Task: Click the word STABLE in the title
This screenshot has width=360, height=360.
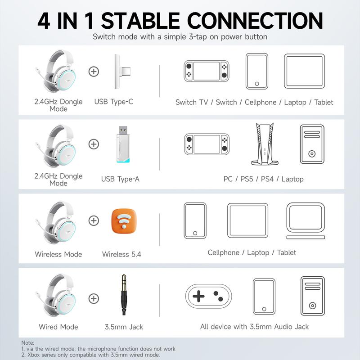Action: (x=141, y=21)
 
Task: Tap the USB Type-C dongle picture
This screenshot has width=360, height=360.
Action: (x=122, y=72)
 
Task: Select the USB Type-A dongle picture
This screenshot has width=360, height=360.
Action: (x=123, y=144)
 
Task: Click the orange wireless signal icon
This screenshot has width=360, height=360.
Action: (x=124, y=221)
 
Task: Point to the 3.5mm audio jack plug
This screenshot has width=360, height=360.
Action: (x=124, y=295)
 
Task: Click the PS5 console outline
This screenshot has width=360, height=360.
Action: (x=265, y=144)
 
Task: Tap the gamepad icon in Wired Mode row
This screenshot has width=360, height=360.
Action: (x=208, y=296)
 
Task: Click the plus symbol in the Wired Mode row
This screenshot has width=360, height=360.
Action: (x=94, y=298)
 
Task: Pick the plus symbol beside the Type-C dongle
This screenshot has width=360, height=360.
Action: (x=94, y=71)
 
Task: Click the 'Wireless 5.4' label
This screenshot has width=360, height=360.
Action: (x=121, y=254)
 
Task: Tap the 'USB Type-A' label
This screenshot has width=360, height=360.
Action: (x=120, y=179)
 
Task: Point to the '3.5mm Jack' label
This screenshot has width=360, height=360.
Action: (x=124, y=327)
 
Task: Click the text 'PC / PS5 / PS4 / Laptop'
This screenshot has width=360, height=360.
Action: (x=263, y=179)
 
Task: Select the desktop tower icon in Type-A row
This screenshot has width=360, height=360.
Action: (x=312, y=144)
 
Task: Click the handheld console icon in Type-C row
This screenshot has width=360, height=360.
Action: (x=206, y=71)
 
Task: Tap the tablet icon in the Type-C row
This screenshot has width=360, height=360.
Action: (x=304, y=71)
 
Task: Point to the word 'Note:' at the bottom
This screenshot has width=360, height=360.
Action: (x=28, y=343)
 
